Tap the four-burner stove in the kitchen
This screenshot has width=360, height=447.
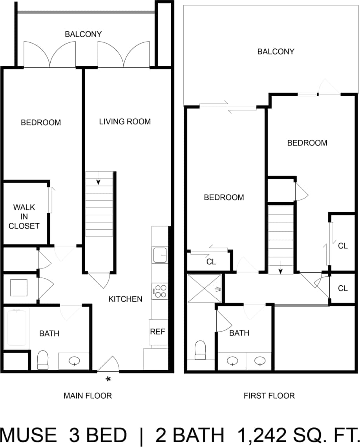pyautogui.click(x=160, y=291)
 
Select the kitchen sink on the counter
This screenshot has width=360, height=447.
pyautogui.click(x=160, y=255)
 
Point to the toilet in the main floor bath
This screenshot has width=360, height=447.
pyautogui.click(x=42, y=359)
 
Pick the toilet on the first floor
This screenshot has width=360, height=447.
pyautogui.click(x=201, y=350)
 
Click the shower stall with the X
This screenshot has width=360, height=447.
pyautogui.click(x=205, y=289)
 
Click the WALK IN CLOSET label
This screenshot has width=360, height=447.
pyautogui.click(x=24, y=216)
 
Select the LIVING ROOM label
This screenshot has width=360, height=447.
pyautogui.click(x=125, y=122)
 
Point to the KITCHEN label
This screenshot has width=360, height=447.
pyautogui.click(x=125, y=299)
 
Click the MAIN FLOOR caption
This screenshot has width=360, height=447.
pyautogui.click(x=88, y=396)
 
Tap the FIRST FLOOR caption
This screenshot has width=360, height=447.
pyautogui.click(x=269, y=396)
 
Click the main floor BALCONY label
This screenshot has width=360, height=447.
pyautogui.click(x=83, y=34)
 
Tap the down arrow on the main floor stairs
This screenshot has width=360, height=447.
pyautogui.click(x=99, y=182)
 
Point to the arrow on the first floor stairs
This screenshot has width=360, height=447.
pyautogui.click(x=281, y=271)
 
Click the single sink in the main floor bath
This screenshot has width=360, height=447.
pyautogui.click(x=73, y=361)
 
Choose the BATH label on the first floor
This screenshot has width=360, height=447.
pyautogui.click(x=239, y=333)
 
